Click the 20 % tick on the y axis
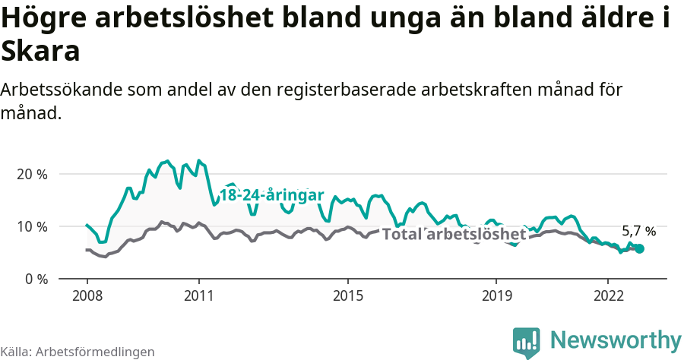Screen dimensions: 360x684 click(31, 174)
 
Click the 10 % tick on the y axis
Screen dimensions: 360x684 click(31, 226)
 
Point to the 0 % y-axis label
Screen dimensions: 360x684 click(35, 279)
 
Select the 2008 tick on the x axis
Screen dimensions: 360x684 click(87, 295)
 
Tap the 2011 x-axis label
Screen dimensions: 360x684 click(198, 295)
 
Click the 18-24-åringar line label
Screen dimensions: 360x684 click(272, 194)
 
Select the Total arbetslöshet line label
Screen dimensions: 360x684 click(454, 234)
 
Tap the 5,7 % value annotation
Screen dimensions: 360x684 click(638, 231)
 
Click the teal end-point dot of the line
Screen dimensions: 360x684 click(639, 248)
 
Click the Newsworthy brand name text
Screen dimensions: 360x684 click(616, 339)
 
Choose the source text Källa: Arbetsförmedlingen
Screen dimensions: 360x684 click(78, 352)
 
